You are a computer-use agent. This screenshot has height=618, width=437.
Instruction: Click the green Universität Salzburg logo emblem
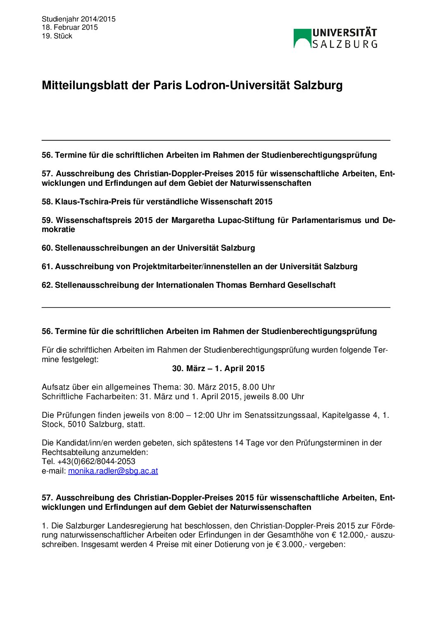click(x=302, y=38)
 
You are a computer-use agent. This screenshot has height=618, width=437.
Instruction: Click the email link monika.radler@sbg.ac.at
click(x=113, y=471)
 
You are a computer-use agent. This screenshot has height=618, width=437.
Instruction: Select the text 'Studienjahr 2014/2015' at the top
click(x=78, y=19)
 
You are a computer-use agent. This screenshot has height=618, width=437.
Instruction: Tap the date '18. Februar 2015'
click(x=70, y=27)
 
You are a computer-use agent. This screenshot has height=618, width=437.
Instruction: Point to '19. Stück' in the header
click(x=57, y=36)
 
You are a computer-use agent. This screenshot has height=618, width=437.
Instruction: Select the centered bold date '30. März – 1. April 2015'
click(x=218, y=368)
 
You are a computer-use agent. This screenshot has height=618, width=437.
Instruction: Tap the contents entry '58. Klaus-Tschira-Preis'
click(x=157, y=201)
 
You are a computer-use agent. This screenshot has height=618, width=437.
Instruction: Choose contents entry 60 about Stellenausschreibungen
click(x=148, y=248)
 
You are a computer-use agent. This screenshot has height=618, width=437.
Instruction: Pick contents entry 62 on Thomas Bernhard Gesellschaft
click(x=188, y=285)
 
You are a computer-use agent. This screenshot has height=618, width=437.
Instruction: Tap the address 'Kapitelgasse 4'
click(x=350, y=415)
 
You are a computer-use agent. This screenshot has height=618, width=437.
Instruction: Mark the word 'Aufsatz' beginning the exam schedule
click(x=55, y=387)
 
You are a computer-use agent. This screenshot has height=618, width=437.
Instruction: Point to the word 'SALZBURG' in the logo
click(x=344, y=44)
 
